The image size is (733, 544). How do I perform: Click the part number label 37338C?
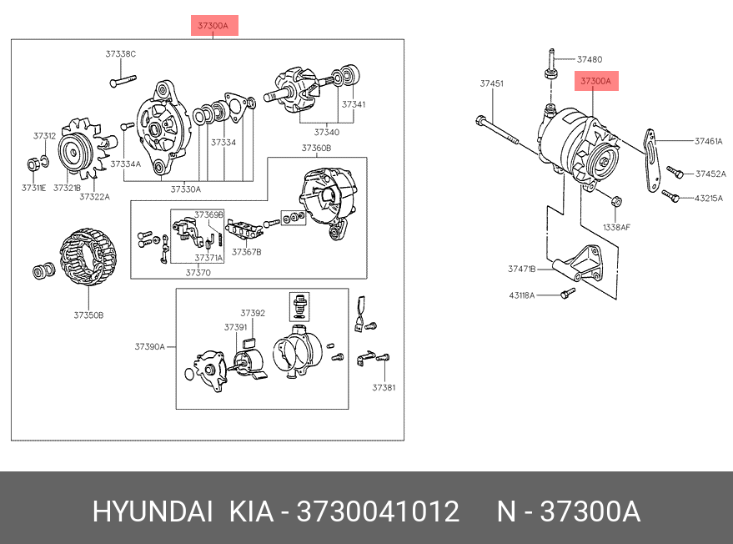[x=120, y=54]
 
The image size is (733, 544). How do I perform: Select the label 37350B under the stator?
[x=88, y=315]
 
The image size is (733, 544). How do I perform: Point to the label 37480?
[x=590, y=59]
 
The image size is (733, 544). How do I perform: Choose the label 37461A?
[x=709, y=142]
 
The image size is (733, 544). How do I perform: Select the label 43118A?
[x=522, y=295]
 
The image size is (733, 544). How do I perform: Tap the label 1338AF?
[x=616, y=227]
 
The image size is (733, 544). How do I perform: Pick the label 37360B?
[x=316, y=148]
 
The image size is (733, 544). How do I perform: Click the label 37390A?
[x=150, y=346]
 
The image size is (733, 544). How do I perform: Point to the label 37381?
[x=384, y=387]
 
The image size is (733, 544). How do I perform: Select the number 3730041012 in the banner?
[x=378, y=511]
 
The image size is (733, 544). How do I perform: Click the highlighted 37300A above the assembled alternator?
[x=595, y=81]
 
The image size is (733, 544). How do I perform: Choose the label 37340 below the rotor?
[x=327, y=132]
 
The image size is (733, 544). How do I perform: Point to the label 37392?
[x=253, y=313]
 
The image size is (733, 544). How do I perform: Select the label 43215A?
[x=710, y=199]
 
